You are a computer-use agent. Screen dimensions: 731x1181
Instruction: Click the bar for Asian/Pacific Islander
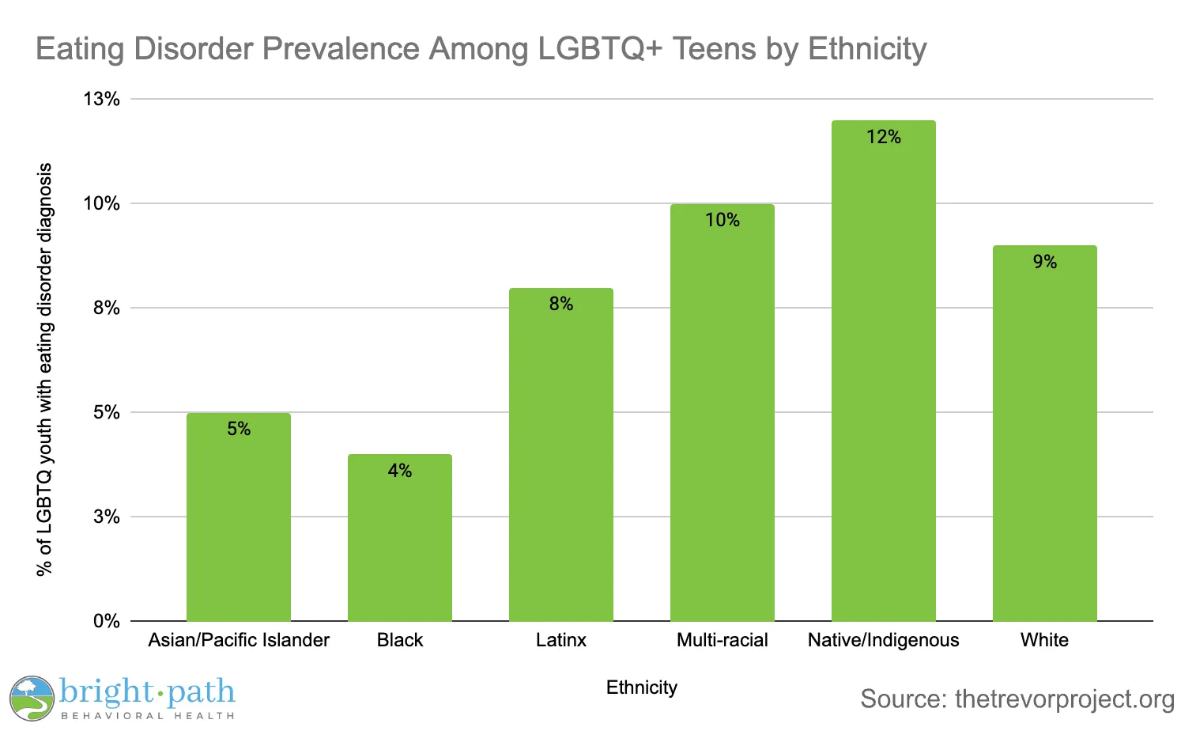tap(239, 522)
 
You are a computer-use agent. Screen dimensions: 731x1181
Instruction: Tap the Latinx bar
tap(561, 459)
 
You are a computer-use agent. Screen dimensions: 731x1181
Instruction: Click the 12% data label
tap(884, 137)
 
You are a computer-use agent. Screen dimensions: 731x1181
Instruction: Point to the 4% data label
tap(400, 471)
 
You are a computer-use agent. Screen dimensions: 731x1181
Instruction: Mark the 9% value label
tap(1045, 262)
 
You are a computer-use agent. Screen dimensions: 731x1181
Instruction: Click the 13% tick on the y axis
tap(102, 99)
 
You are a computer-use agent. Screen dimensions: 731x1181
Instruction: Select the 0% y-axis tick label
tap(107, 621)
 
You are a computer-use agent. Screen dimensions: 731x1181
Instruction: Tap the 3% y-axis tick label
tap(107, 517)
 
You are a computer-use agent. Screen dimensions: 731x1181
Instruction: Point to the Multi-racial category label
tap(723, 640)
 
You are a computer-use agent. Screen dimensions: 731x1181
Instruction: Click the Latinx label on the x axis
tap(561, 640)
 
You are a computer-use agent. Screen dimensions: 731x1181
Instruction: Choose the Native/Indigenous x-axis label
tap(884, 640)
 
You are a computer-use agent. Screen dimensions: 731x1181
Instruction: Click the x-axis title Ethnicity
tap(642, 687)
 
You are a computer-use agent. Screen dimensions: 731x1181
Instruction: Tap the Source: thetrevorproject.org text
tap(1017, 699)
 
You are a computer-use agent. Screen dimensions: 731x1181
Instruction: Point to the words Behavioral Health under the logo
tap(148, 716)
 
